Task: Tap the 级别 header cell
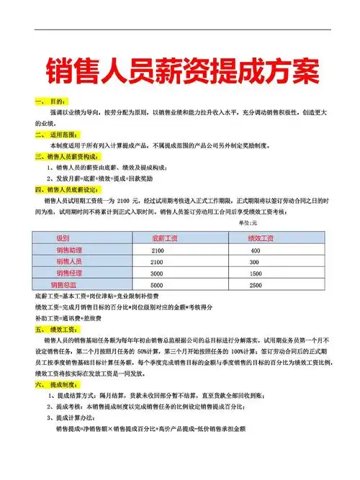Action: click(63, 237)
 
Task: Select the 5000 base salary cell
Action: click(158, 286)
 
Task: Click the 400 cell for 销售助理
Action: click(255, 250)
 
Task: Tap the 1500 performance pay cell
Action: click(255, 273)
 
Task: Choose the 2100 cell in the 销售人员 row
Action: click(158, 262)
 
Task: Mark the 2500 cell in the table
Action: click(255, 286)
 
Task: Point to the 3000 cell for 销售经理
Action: click(158, 273)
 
